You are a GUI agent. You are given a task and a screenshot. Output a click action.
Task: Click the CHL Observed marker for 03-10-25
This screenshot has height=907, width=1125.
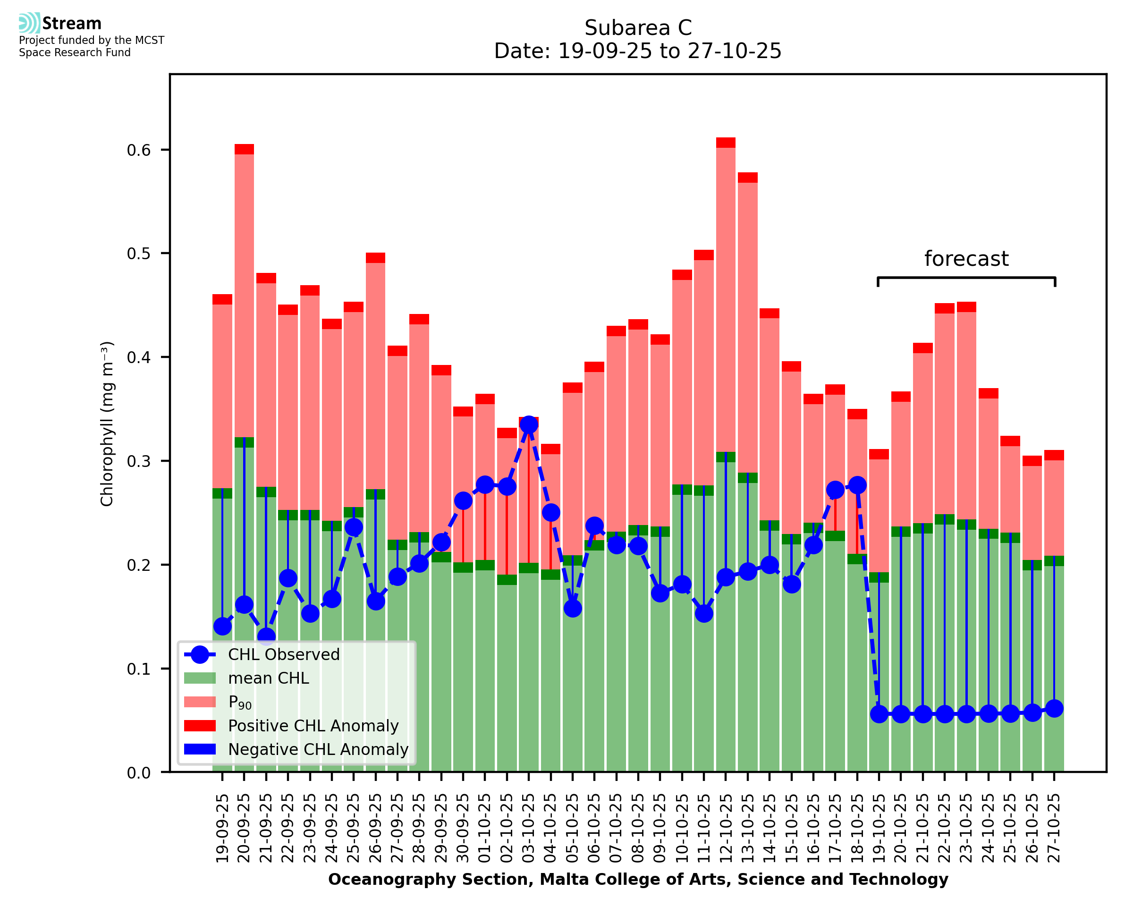click(529, 425)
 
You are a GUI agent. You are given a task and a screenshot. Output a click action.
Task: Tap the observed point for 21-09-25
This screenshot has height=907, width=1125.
click(266, 637)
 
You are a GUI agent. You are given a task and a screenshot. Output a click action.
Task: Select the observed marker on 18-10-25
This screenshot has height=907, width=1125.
click(857, 485)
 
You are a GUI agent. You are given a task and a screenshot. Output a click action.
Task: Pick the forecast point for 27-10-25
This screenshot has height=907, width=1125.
click(1054, 709)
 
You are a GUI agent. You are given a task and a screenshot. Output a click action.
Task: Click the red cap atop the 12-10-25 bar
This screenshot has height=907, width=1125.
click(726, 143)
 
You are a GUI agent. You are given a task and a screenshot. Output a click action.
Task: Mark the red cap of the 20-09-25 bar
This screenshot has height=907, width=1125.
click(244, 149)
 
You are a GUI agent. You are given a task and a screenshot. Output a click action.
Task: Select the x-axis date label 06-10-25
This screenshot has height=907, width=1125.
click(594, 829)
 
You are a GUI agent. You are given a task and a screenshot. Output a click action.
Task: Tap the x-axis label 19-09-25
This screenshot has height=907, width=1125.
click(222, 829)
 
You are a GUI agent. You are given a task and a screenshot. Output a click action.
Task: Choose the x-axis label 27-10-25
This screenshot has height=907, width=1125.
click(1054, 829)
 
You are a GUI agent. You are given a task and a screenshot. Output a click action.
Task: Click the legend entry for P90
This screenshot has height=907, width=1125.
click(240, 702)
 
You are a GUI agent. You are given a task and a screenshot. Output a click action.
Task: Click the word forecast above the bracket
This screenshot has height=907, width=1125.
click(966, 259)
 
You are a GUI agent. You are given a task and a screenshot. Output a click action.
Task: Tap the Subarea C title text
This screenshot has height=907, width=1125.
click(638, 28)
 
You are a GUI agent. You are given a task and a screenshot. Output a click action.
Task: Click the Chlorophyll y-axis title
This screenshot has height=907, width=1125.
click(107, 424)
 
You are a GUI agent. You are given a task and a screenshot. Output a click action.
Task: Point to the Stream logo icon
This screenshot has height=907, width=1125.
click(29, 23)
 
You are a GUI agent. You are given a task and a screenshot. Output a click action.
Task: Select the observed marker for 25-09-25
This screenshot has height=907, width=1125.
click(354, 527)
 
